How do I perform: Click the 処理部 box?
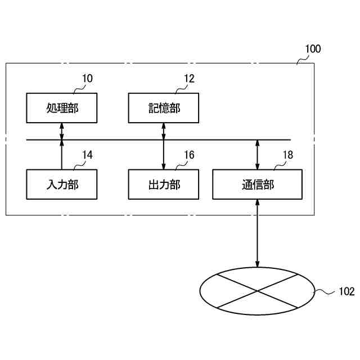coord(62,107)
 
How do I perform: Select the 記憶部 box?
coord(163,107)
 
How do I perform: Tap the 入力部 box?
coord(62,184)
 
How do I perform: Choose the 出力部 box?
coord(163,184)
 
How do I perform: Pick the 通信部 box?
coord(258,184)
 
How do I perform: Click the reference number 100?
coord(312,49)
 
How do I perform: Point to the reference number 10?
coord(87,79)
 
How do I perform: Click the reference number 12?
coord(189,79)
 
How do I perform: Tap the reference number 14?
coord(87,155)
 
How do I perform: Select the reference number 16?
coord(189,155)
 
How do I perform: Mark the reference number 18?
coord(287,155)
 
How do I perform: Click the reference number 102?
coord(346,291)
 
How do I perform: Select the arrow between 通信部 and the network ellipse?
coord(258,233)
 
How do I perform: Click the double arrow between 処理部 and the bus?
coord(62,131)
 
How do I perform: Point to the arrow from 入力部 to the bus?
coord(62,155)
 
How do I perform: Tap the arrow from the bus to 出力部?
coord(163,155)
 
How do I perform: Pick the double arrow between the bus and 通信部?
coord(258,155)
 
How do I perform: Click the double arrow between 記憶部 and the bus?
coord(163,131)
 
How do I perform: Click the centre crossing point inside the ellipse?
coord(258,291)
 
